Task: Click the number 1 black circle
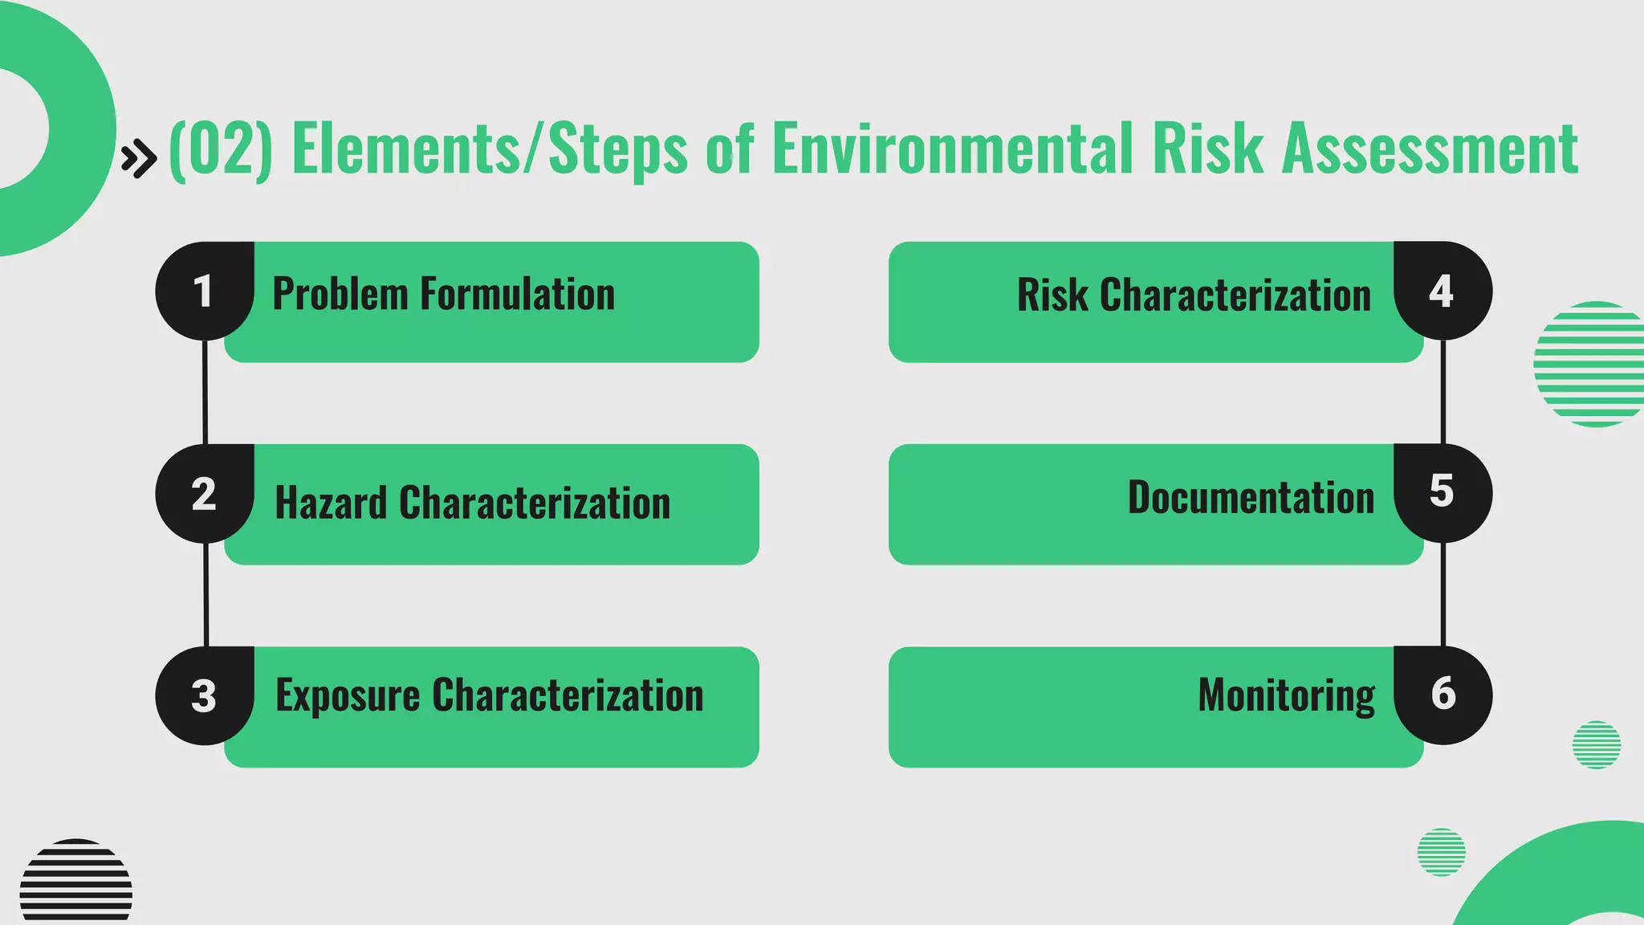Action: (204, 291)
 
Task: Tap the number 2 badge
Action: (204, 493)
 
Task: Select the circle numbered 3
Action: (204, 695)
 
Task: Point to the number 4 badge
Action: (1443, 291)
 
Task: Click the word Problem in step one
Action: (340, 294)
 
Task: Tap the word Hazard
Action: (331, 503)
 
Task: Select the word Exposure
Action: (348, 696)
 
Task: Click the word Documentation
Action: (1251, 497)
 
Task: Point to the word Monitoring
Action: (1286, 695)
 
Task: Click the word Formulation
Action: (518, 294)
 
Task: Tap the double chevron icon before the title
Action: (138, 158)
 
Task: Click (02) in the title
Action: (221, 149)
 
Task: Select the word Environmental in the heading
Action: (952, 149)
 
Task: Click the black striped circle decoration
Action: (76, 881)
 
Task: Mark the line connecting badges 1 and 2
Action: (205, 392)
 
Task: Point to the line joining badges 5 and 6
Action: (1443, 594)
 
